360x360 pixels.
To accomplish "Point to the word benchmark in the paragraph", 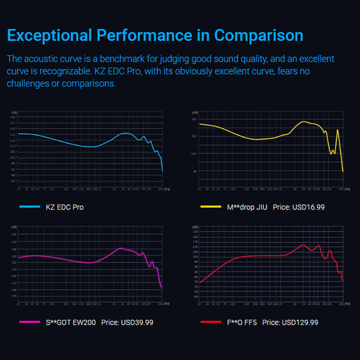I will tap(154, 59).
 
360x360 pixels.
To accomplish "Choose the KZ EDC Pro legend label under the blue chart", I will tap(65, 207).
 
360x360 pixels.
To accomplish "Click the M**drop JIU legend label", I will tap(247, 207).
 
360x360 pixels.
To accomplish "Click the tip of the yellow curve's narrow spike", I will tap(338, 130).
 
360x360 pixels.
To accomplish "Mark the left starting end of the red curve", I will tap(199, 282).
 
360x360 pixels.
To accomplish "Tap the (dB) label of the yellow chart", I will tap(194, 112).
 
